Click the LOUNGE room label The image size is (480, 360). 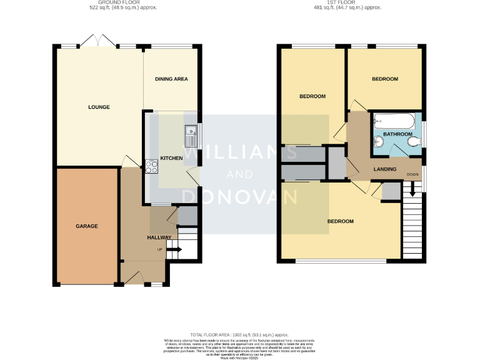pyautogui.click(x=99, y=107)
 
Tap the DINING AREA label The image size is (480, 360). pyautogui.click(x=171, y=79)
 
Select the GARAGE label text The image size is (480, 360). pyautogui.click(x=87, y=226)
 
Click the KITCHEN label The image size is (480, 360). pyautogui.click(x=171, y=158)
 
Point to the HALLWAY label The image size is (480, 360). pyautogui.click(x=159, y=237)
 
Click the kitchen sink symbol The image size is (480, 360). pyautogui.click(x=190, y=131)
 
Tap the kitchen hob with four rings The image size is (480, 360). pyautogui.click(x=151, y=166)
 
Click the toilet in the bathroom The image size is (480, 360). pyautogui.click(x=412, y=144)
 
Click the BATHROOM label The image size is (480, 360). pyautogui.click(x=397, y=134)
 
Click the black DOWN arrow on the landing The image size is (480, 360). pyautogui.click(x=412, y=186)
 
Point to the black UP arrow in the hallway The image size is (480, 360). pyautogui.click(x=174, y=250)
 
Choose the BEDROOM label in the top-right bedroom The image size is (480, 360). pyautogui.click(x=384, y=79)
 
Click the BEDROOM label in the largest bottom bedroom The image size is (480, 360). pyautogui.click(x=340, y=221)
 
